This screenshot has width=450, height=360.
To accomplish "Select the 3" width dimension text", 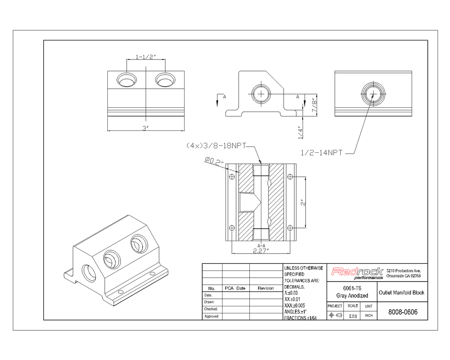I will pos(145,128).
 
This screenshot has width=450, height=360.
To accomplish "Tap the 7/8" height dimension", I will pos(314,105).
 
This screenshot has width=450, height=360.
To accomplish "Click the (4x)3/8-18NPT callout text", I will pos(216,146).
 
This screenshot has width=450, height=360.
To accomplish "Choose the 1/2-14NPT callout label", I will pos(321,153).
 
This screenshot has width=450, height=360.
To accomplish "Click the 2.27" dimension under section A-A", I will pos(261,250).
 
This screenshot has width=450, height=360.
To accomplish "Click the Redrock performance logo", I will pos(358,273).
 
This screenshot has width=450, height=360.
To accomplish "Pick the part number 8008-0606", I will pos(403,312).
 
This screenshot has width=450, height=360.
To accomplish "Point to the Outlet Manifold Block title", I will pos(401,293).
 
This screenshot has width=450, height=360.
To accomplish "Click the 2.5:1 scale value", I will pos(353,316).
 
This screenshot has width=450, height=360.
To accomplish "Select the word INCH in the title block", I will pos(369,316).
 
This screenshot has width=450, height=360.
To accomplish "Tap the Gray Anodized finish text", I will pos(352,296).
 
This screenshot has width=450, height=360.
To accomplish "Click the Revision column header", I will pos(265,288).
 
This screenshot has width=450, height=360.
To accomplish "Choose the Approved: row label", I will pos(211,316).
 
